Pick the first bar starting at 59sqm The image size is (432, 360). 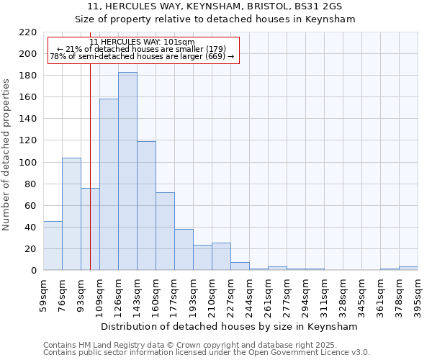coord(53,246)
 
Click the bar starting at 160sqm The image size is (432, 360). coord(165,231)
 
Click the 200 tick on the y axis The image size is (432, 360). coord(28,54)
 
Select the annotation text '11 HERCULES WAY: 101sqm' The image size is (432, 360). coord(142,42)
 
